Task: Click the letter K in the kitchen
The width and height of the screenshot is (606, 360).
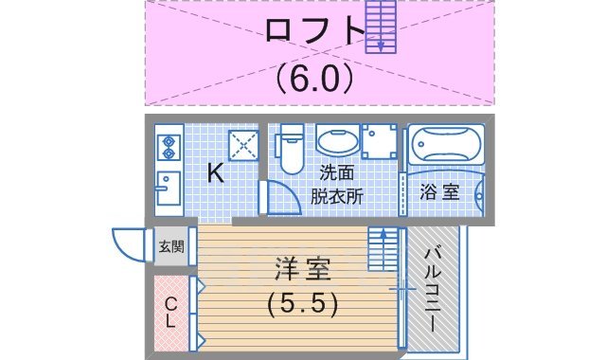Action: point(215,172)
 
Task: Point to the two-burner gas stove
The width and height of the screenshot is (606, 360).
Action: point(169,147)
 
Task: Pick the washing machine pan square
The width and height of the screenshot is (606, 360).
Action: point(382,143)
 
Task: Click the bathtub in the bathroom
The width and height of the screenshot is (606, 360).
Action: point(447,146)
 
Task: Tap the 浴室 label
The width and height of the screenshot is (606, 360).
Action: point(440,191)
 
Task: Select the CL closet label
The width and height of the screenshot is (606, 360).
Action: point(170,312)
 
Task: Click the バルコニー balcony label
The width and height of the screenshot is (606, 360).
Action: point(431,286)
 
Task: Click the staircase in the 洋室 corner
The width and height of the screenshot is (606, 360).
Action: point(383,250)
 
